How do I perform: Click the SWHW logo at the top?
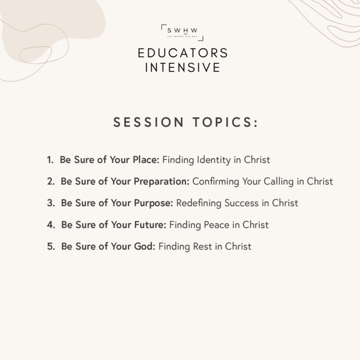click(x=182, y=32)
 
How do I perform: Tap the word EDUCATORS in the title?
click(x=183, y=53)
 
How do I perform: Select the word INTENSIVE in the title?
click(x=183, y=67)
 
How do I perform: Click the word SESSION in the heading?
click(x=149, y=122)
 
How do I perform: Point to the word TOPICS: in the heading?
click(x=225, y=122)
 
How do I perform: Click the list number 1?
click(x=50, y=160)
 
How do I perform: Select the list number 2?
click(x=51, y=182)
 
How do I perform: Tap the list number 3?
click(x=51, y=203)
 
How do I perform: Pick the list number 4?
click(x=51, y=225)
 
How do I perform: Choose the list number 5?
click(x=51, y=246)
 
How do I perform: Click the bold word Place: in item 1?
click(x=146, y=160)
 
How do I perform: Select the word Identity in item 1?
click(x=214, y=160)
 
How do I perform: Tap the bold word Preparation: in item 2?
click(x=161, y=182)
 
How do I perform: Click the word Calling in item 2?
click(x=279, y=182)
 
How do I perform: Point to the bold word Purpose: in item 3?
click(x=154, y=203)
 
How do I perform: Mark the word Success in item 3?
click(x=242, y=203)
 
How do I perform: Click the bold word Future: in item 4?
click(x=150, y=225)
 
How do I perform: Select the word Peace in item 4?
click(x=217, y=225)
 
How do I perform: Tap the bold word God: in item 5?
click(x=145, y=246)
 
